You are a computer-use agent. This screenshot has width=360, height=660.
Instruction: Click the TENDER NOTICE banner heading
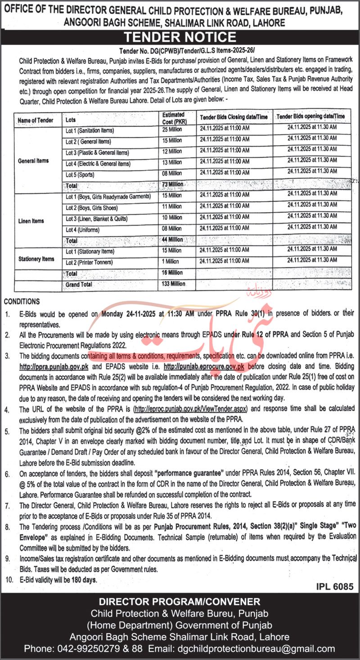[x=180, y=37]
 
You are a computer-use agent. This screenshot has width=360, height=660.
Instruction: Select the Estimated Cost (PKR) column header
[x=173, y=118]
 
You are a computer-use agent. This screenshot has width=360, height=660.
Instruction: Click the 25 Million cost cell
[x=172, y=131]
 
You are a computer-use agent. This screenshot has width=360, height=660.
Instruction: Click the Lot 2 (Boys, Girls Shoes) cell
[x=91, y=208]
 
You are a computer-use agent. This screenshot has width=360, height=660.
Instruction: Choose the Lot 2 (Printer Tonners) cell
[x=89, y=262]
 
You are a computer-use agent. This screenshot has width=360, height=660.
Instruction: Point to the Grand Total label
[x=79, y=285]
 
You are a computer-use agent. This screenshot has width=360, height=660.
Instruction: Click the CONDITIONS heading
[x=21, y=302]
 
